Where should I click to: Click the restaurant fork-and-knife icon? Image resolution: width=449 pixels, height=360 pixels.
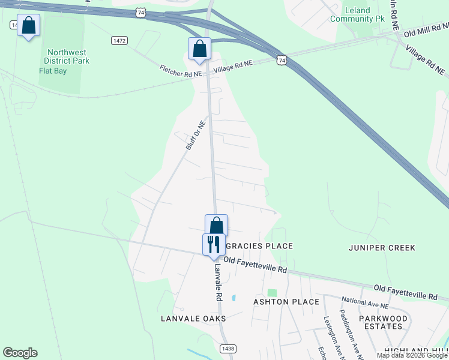click(213, 245)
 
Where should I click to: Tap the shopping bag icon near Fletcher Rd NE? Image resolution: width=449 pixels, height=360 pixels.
click(199, 49)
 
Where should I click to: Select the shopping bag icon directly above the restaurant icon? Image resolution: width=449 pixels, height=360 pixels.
click(216, 226)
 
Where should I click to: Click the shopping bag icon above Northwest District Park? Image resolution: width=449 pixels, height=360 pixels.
click(28, 26)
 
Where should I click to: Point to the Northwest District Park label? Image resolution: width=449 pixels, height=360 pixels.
click(67, 56)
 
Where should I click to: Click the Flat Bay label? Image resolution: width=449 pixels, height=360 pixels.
click(52, 71)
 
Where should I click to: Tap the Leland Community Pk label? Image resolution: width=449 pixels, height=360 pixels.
click(357, 15)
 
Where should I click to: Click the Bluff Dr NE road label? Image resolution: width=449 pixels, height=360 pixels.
click(196, 136)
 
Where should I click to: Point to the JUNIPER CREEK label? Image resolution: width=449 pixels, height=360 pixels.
click(382, 247)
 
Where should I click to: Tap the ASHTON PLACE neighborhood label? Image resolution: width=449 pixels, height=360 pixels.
click(286, 301)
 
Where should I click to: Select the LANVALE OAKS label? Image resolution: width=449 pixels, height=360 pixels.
click(193, 318)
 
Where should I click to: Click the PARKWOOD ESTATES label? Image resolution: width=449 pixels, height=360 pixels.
click(383, 322)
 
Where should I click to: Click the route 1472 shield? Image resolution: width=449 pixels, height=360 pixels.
click(119, 40)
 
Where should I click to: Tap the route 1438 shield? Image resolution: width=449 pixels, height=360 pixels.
click(228, 349)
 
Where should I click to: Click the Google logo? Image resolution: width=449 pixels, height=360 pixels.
click(20, 353)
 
